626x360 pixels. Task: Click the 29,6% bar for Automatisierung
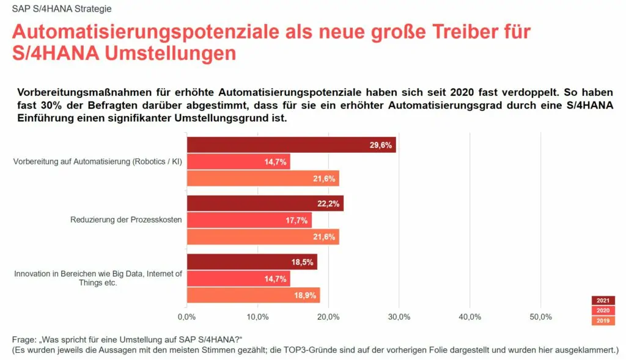[x=291, y=145]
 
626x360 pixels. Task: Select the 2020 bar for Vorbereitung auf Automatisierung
[x=238, y=161]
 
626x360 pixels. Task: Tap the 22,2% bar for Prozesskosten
[x=265, y=204]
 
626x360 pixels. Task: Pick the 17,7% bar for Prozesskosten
[x=249, y=220]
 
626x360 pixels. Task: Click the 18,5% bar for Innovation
[x=252, y=262]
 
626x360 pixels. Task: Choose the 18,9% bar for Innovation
[x=253, y=295]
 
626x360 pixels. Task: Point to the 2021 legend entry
[x=603, y=300]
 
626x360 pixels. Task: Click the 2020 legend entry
[x=603, y=310]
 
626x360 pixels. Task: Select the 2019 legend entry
[x=603, y=321]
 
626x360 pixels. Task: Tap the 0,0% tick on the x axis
[x=186, y=317]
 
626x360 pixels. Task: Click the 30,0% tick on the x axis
[x=399, y=317]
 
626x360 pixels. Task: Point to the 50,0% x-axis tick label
[x=541, y=317]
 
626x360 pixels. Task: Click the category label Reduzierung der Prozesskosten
[x=127, y=220]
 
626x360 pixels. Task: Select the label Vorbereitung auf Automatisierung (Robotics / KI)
[x=98, y=162]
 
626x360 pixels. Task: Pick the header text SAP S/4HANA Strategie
[x=53, y=9]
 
